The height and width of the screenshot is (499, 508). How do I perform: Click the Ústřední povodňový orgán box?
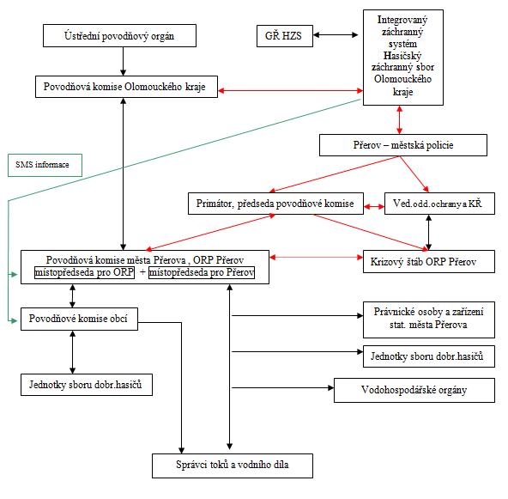(119, 36)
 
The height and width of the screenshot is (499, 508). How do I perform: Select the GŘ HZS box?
(285, 36)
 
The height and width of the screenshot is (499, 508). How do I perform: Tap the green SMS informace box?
(45, 165)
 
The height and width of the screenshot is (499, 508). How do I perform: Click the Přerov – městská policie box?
(403, 145)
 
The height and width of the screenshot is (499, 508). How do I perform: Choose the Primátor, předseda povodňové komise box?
(275, 204)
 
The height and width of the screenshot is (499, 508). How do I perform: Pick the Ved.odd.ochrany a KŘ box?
(439, 204)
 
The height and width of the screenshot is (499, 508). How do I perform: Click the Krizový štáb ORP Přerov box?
(429, 261)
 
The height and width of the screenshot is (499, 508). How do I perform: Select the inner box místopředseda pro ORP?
(85, 272)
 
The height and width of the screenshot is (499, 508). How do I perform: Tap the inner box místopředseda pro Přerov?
(202, 272)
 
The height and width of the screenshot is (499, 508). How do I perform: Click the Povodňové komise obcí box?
(79, 319)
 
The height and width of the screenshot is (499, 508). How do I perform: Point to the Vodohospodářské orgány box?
(414, 390)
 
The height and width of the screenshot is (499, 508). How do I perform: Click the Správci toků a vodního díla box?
(233, 466)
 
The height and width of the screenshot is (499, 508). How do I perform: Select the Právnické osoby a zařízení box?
(429, 319)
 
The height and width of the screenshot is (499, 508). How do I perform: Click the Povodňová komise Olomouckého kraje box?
(126, 87)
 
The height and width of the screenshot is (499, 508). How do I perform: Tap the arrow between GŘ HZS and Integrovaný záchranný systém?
(336, 34)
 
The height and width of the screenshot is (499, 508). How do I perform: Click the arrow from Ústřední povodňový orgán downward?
(123, 62)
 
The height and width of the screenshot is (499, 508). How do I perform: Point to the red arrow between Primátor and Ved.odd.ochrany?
(374, 206)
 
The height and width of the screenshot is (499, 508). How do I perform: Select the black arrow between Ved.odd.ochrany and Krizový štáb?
(429, 232)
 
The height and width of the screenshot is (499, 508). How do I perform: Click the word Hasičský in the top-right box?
(402, 56)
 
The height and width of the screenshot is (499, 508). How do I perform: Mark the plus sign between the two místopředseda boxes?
(142, 272)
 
